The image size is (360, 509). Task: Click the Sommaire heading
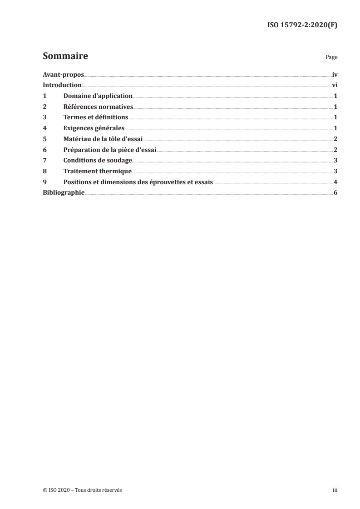65,57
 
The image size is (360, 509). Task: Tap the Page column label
331,58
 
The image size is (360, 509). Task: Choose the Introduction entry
62,85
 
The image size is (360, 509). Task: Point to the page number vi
334,85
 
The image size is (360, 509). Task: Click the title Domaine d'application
98,96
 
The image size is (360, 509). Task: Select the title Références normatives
98,107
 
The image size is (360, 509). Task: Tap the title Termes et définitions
96,117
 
